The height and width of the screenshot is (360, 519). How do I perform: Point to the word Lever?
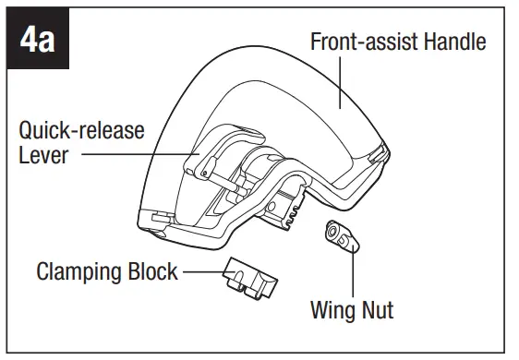tap(42, 155)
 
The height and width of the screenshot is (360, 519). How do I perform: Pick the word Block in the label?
tap(151, 272)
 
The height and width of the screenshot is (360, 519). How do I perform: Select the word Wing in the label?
tap(332, 308)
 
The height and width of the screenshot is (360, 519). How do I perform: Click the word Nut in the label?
tap(377, 308)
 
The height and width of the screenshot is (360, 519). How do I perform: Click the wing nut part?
tap(338, 236)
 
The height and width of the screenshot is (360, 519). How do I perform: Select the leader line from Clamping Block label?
tap(203, 272)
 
